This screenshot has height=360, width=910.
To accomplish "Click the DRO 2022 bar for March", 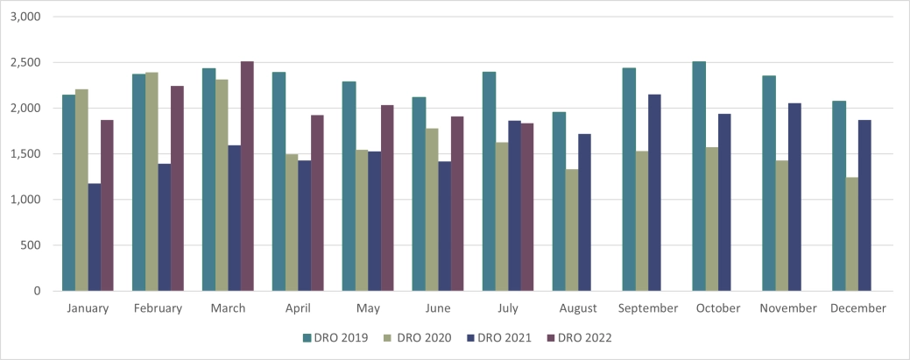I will click(x=247, y=176).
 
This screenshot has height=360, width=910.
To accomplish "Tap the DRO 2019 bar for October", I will click(x=699, y=176).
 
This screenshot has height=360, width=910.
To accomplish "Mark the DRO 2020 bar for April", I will click(x=292, y=222).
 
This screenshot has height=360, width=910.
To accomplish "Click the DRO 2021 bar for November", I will click(x=794, y=197).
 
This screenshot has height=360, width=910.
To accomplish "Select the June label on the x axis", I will click(x=437, y=308).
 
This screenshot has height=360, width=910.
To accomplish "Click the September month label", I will click(x=647, y=308).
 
